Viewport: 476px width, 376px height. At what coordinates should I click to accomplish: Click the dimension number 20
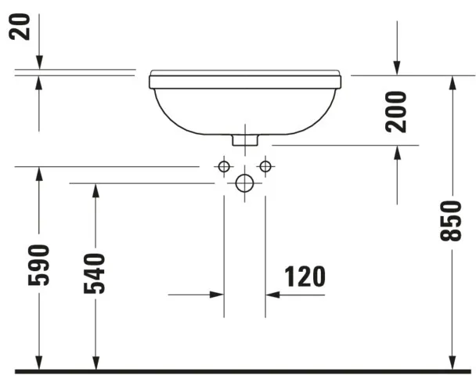20,27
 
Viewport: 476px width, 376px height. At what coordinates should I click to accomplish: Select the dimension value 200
396,112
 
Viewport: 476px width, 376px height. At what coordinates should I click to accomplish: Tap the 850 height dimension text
451,221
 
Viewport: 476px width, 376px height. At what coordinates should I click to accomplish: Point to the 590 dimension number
38,265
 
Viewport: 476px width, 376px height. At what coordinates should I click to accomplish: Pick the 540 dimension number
95,273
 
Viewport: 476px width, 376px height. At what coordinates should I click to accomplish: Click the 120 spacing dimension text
305,277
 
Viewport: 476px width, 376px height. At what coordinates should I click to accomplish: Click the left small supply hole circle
224,166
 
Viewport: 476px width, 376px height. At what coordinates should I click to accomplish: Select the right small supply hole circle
265,166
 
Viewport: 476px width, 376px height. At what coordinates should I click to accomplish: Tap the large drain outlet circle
245,183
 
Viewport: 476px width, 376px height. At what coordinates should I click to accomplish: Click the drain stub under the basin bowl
245,140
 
